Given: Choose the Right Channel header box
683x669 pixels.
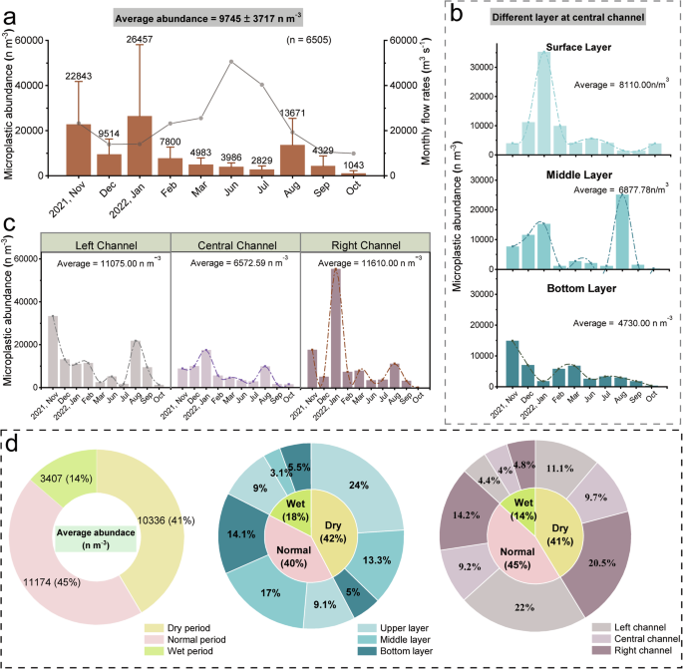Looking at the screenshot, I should point(366,242).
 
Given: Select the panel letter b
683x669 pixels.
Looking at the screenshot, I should point(457,15).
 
